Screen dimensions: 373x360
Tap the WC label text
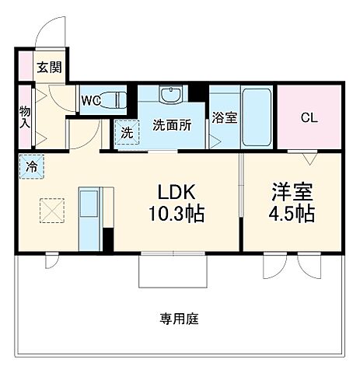click(x=90, y=100)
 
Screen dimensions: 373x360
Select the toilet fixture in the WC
click(x=115, y=100)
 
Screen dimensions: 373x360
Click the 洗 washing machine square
click(x=125, y=132)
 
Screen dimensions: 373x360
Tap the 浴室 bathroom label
click(x=225, y=117)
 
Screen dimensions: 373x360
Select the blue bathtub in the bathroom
click(x=256, y=117)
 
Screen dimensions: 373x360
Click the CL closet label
click(x=309, y=118)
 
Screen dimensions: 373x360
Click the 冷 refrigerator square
click(x=32, y=166)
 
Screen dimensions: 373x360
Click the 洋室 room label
click(x=292, y=191)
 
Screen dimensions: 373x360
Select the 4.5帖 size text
click(x=292, y=214)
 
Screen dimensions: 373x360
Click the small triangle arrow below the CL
click(x=309, y=159)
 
